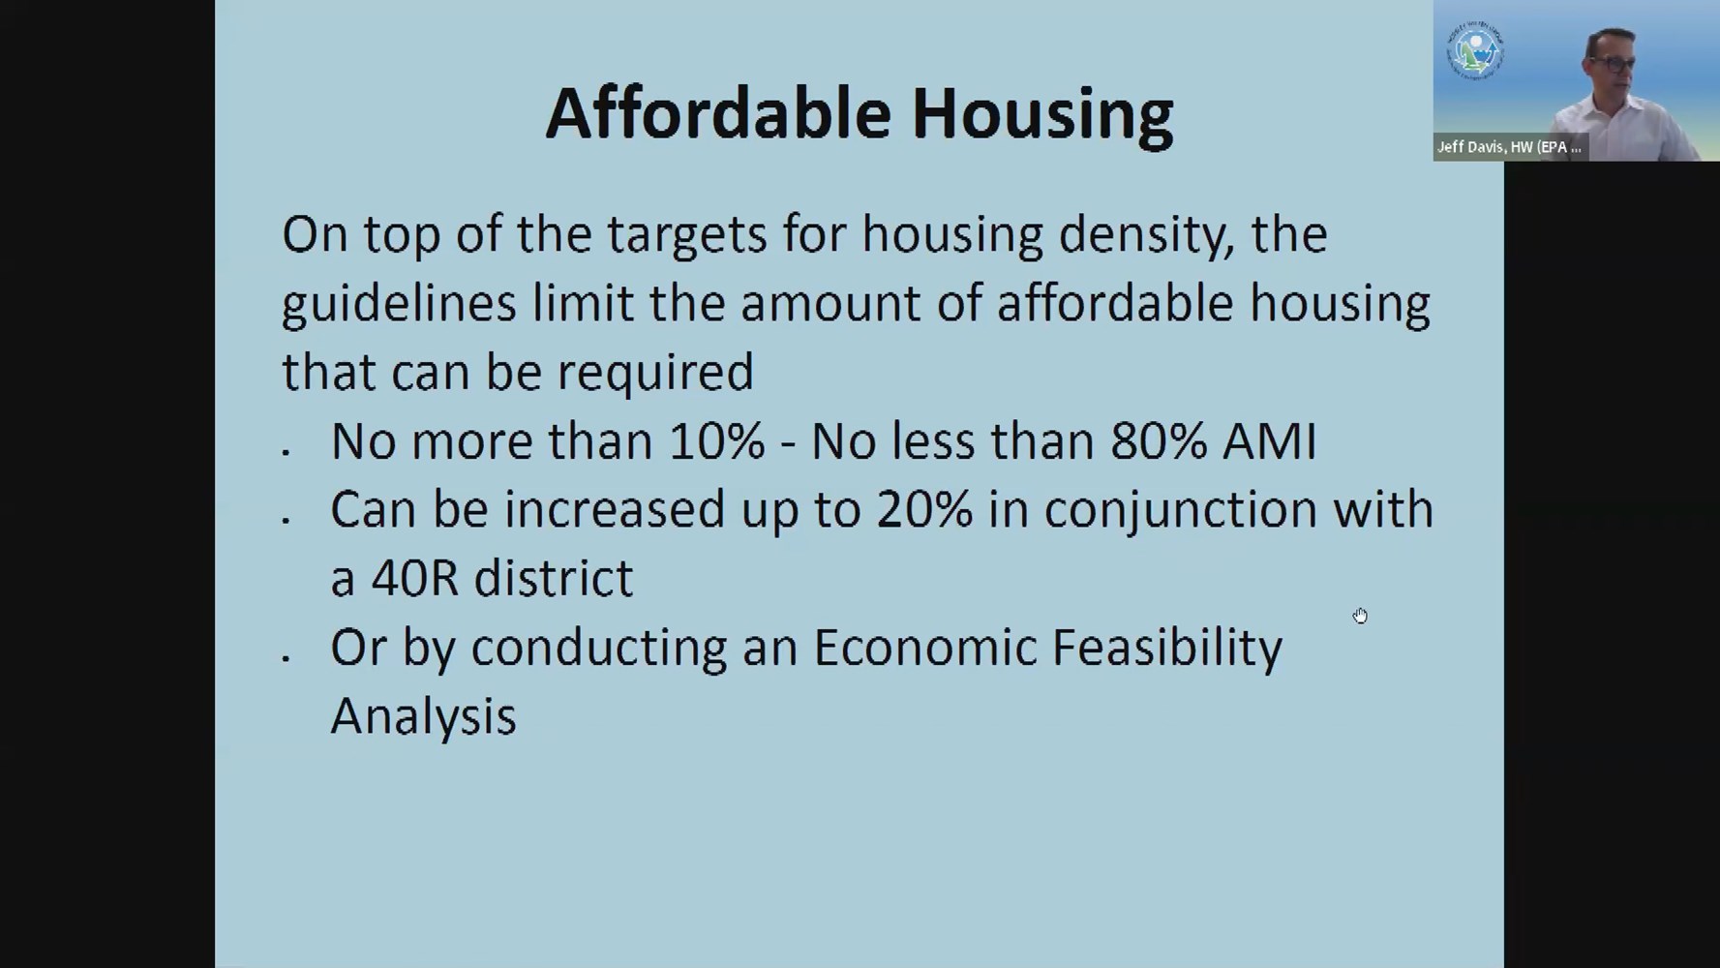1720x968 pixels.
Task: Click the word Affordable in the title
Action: [x=717, y=113]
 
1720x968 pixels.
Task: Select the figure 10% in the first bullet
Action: [x=717, y=440]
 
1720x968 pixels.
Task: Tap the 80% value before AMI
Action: [x=1159, y=440]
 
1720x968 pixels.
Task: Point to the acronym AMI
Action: [x=1269, y=440]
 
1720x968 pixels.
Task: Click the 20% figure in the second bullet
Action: [x=924, y=509]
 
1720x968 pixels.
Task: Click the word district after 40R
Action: [x=554, y=578]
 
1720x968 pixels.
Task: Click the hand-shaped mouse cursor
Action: [x=1360, y=616]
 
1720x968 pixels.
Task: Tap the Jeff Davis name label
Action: [x=1509, y=147]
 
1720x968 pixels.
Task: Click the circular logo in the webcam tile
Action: [x=1474, y=49]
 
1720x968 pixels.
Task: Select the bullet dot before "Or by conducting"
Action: [x=286, y=658]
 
